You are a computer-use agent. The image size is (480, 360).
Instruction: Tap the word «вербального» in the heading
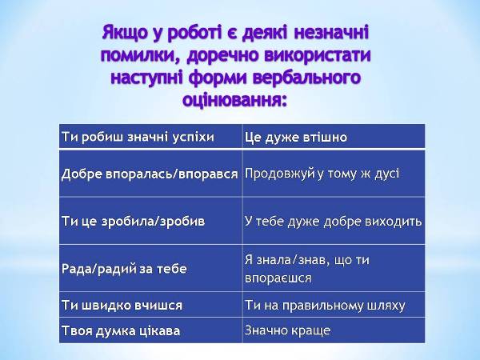(306, 78)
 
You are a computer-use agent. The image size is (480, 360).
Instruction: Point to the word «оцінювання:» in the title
(234, 100)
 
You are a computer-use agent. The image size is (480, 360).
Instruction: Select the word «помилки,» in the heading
(141, 56)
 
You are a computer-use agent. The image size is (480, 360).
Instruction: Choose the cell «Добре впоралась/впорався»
(150, 174)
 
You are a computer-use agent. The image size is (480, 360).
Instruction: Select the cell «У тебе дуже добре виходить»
(333, 221)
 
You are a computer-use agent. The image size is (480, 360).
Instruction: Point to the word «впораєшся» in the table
(278, 278)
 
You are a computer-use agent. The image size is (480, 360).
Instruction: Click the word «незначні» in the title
(331, 33)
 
